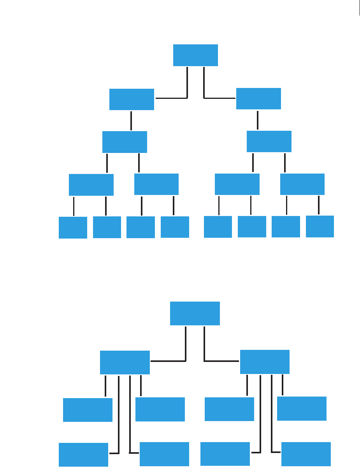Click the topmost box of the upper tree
pyautogui.click(x=195, y=55)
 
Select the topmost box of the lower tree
pyautogui.click(x=195, y=313)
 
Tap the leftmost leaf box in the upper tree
pyautogui.click(x=73, y=227)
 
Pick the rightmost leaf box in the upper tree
pyautogui.click(x=320, y=226)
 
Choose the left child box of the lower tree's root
pyautogui.click(x=125, y=362)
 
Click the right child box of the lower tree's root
pyautogui.click(x=265, y=362)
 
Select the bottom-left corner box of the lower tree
pyautogui.click(x=83, y=455)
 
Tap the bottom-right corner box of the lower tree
pyautogui.click(x=306, y=454)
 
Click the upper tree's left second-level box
pyautogui.click(x=132, y=100)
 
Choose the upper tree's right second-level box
pyautogui.click(x=258, y=98)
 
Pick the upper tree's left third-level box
pyautogui.click(x=125, y=142)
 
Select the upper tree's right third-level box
pyautogui.click(x=269, y=141)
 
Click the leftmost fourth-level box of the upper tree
pyautogui.click(x=91, y=184)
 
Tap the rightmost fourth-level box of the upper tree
pyautogui.click(x=302, y=184)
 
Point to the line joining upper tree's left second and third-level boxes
pyautogui.click(x=131, y=121)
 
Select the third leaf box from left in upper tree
pyautogui.click(x=140, y=227)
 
